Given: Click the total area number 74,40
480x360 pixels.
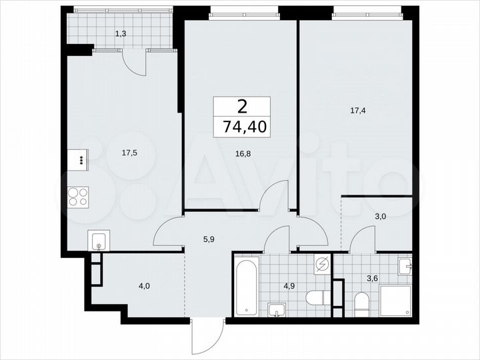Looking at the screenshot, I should coord(243,127).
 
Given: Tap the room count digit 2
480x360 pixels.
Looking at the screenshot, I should coord(243,106).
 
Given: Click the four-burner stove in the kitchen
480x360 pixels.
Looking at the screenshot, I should coord(79,197).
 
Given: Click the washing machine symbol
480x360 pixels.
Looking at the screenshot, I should coord(321,265).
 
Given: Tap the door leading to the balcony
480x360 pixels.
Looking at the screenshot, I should coord(134,64).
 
